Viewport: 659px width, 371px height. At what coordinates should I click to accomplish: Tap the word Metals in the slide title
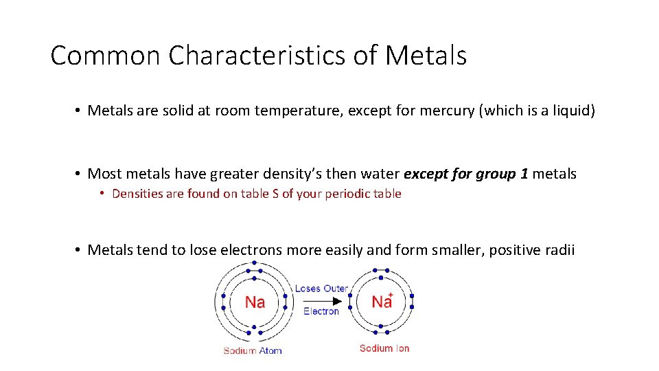[x=426, y=56]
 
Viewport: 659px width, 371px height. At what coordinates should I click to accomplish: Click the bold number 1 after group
[x=524, y=174]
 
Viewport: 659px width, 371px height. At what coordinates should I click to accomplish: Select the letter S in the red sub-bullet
[x=275, y=194]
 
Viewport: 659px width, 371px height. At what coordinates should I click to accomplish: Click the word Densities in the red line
[x=138, y=194]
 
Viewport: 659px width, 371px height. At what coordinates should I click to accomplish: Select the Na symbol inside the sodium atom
[x=255, y=302]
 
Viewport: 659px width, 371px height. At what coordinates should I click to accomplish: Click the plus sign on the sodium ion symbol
[x=391, y=294]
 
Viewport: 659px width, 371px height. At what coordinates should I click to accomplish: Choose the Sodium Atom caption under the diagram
[x=253, y=350]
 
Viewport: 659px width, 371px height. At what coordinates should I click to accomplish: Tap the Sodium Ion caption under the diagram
[x=384, y=348]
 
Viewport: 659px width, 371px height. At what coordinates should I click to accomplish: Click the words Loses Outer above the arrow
[x=321, y=289]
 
